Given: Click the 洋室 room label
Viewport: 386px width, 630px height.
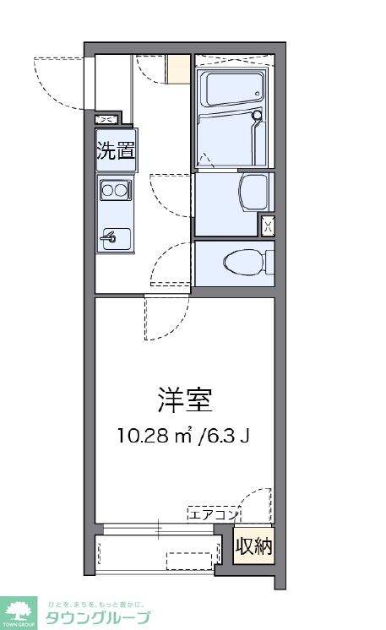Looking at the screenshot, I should [183, 399].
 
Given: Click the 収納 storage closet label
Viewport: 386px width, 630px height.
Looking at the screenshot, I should [253, 546].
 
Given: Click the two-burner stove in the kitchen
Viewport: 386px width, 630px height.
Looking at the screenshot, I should [114, 191].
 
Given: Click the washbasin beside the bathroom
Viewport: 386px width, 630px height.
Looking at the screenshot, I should [252, 193].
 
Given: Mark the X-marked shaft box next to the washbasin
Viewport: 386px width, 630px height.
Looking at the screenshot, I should [267, 225].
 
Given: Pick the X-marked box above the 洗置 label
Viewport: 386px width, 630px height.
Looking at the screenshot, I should [107, 119].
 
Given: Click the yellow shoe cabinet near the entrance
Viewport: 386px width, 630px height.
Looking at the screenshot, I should [179, 69].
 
